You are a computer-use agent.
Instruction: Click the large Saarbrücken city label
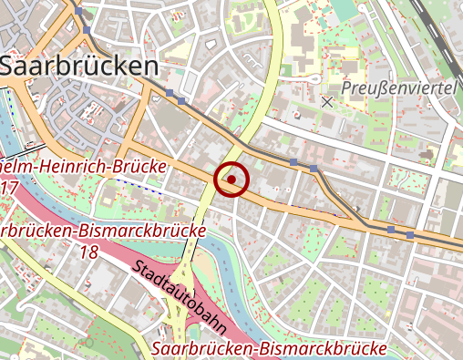tap(79, 66)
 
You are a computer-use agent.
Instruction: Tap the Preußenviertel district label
tap(399, 87)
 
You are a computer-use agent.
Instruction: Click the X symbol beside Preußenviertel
tap(327, 102)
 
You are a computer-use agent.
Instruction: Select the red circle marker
tap(232, 180)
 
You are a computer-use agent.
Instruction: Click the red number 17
tap(10, 188)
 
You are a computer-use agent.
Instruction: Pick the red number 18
tap(89, 251)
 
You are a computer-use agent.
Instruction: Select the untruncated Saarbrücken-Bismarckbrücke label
tap(270, 349)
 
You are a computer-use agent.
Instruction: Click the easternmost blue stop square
tap(410, 234)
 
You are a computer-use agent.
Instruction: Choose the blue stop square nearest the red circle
tap(293, 162)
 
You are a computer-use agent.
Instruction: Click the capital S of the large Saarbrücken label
tap(13, 66)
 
